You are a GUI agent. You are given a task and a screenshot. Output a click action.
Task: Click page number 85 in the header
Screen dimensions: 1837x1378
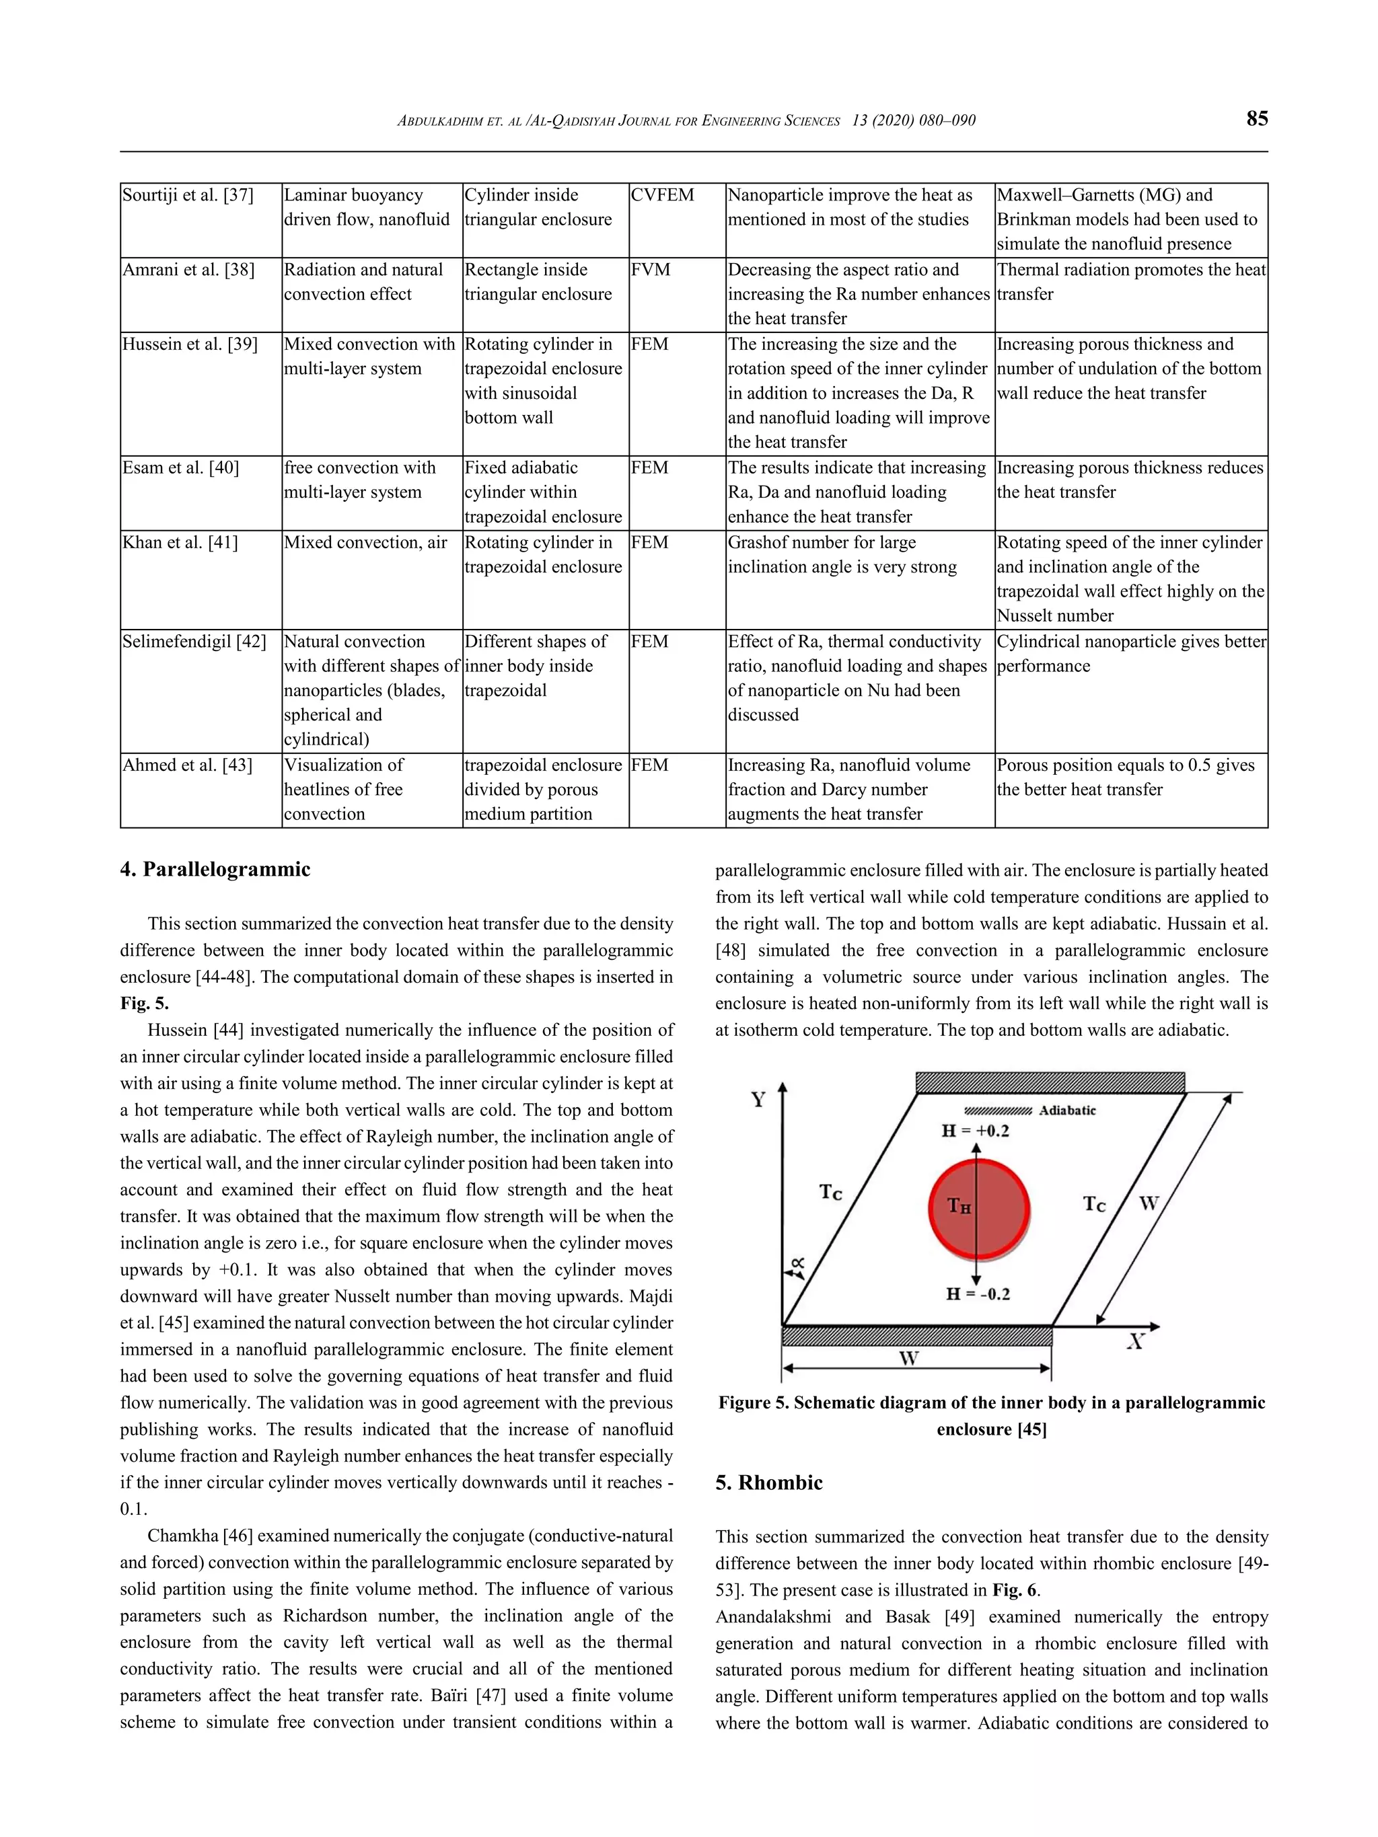coord(1256,119)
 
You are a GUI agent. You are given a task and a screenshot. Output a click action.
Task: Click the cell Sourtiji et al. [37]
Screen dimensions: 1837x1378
coord(188,195)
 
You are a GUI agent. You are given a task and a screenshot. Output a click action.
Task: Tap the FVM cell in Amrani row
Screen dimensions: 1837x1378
coord(651,270)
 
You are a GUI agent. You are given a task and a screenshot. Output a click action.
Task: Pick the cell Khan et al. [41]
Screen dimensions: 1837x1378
coord(180,542)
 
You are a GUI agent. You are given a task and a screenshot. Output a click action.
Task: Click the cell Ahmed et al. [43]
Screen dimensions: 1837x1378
coord(188,765)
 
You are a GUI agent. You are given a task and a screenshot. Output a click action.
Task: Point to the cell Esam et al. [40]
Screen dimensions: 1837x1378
coord(181,467)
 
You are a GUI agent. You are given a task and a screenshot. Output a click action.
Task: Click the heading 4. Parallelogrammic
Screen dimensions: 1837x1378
coord(215,870)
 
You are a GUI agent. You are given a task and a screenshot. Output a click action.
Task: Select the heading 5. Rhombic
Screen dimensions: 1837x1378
coord(768,1483)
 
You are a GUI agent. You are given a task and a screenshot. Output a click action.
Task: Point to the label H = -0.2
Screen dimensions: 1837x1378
coord(978,1294)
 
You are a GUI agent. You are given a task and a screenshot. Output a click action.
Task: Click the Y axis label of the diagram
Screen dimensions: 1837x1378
coord(758,1100)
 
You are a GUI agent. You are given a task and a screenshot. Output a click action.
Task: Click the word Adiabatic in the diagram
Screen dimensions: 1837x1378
coord(1066,1111)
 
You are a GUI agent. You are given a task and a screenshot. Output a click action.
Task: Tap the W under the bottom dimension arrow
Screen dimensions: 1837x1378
coord(909,1358)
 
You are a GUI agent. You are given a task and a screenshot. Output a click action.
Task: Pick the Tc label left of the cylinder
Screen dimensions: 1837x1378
coord(830,1193)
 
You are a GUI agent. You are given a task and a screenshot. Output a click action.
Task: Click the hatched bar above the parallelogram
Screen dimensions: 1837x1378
coord(1049,1082)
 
